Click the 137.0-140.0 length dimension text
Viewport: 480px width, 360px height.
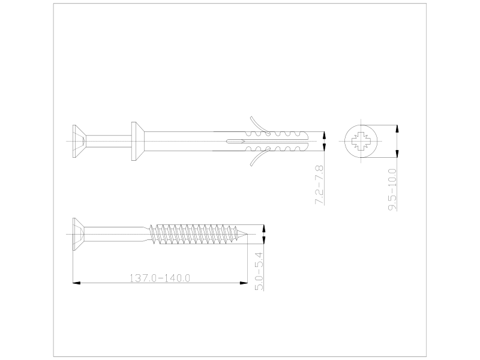click(160, 278)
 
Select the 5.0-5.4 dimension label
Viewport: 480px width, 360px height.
click(259, 271)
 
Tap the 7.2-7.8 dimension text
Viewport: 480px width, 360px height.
click(319, 185)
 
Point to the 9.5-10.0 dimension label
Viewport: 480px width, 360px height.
click(392, 190)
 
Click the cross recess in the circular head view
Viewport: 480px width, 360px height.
click(361, 141)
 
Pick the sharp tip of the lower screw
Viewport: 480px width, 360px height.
click(247, 235)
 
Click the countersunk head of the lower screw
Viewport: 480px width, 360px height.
click(79, 234)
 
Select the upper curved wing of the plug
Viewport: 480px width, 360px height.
click(260, 125)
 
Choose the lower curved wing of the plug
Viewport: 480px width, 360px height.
click(260, 157)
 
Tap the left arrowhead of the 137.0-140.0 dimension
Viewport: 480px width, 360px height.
click(76, 283)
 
